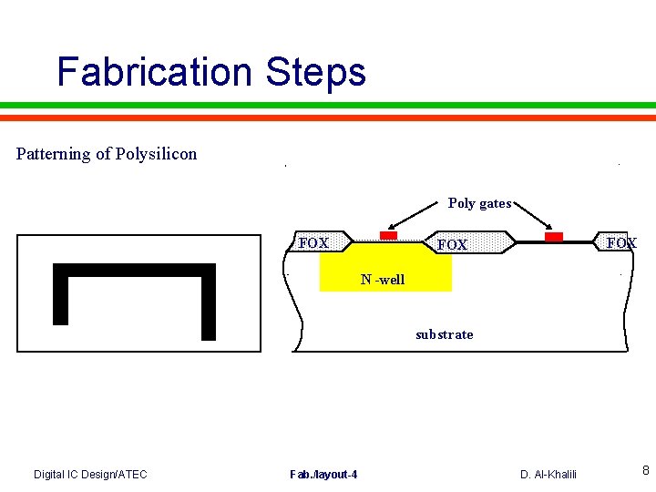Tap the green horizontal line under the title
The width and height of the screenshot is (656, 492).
328,105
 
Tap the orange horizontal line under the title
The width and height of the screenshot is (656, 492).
328,118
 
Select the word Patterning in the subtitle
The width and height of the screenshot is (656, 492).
54,154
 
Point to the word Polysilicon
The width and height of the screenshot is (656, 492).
156,154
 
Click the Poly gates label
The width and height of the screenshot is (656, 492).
479,203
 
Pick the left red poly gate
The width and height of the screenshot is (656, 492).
389,236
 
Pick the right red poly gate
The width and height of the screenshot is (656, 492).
553,237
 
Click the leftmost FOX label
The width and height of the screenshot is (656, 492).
313,243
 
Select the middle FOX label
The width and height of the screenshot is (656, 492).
452,245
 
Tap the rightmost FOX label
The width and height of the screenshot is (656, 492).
621,243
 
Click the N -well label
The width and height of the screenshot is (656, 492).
383,280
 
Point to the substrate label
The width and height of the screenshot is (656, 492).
444,334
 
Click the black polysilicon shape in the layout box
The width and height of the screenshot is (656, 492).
134,271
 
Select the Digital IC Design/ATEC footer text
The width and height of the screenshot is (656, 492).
90,474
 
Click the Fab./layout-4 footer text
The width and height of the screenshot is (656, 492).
323,474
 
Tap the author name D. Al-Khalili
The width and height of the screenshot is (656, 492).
548,474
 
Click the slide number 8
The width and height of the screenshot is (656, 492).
645,471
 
